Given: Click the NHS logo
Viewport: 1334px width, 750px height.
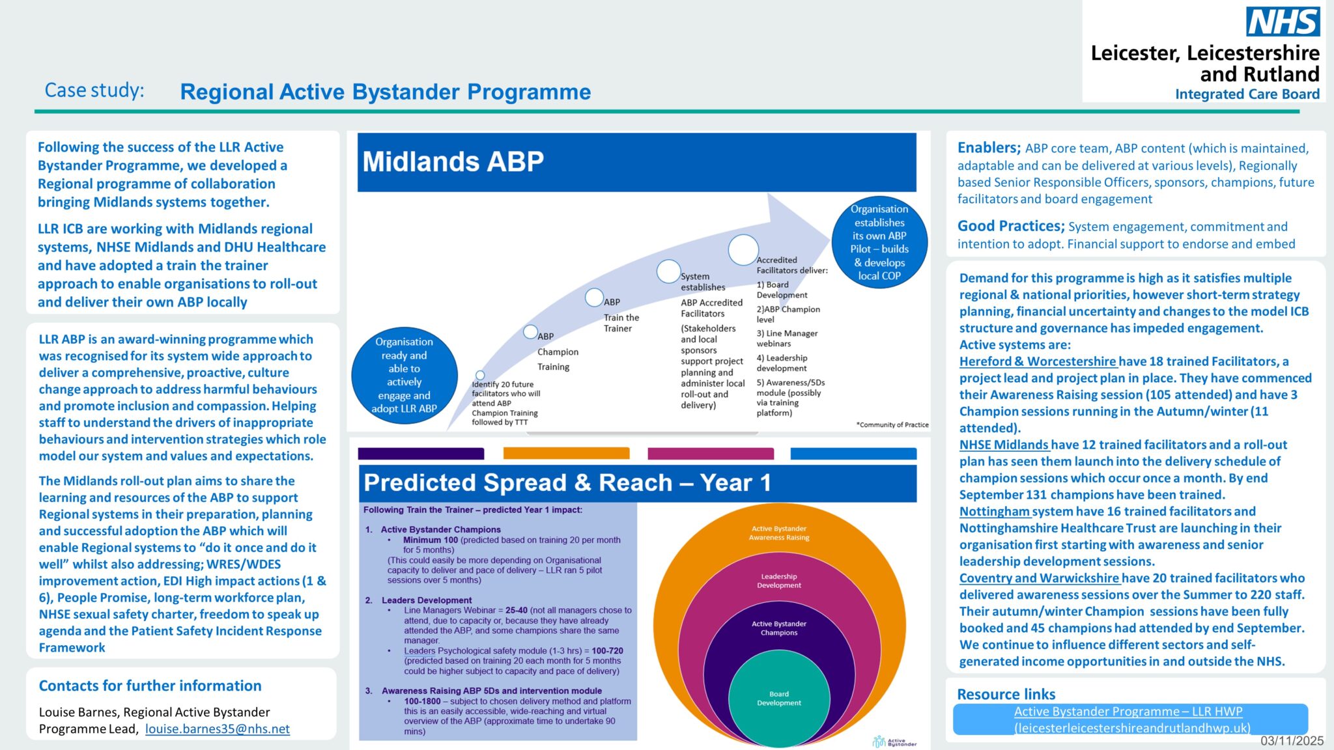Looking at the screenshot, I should (x=1283, y=22).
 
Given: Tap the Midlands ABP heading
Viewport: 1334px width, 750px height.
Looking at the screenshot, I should (x=453, y=161).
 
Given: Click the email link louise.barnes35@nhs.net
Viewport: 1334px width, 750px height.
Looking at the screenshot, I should (x=217, y=729).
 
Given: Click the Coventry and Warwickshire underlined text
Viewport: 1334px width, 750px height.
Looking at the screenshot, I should (x=1039, y=578).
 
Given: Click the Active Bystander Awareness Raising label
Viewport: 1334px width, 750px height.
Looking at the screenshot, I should (x=778, y=533).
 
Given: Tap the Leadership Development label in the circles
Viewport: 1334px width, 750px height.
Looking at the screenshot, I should (x=778, y=581).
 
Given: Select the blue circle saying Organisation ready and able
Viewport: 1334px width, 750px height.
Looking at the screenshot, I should (x=404, y=375).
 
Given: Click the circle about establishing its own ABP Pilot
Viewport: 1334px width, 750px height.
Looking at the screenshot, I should (x=879, y=242).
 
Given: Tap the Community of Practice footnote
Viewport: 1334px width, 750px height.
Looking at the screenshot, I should (x=892, y=424).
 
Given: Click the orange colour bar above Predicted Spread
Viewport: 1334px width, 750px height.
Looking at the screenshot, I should (x=566, y=453).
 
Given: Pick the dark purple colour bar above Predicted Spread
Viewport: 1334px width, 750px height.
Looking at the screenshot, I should (x=421, y=453).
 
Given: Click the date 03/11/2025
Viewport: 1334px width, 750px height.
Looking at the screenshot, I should (x=1292, y=741).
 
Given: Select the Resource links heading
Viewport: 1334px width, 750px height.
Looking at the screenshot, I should (x=1006, y=694).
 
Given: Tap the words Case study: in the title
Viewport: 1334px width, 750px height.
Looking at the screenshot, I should (x=94, y=90).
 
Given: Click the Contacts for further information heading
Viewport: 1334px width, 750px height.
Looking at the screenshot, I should (x=150, y=686).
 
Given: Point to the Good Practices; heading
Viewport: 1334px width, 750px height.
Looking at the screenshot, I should (x=1010, y=226).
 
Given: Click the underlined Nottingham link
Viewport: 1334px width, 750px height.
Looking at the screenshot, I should (x=994, y=512).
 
